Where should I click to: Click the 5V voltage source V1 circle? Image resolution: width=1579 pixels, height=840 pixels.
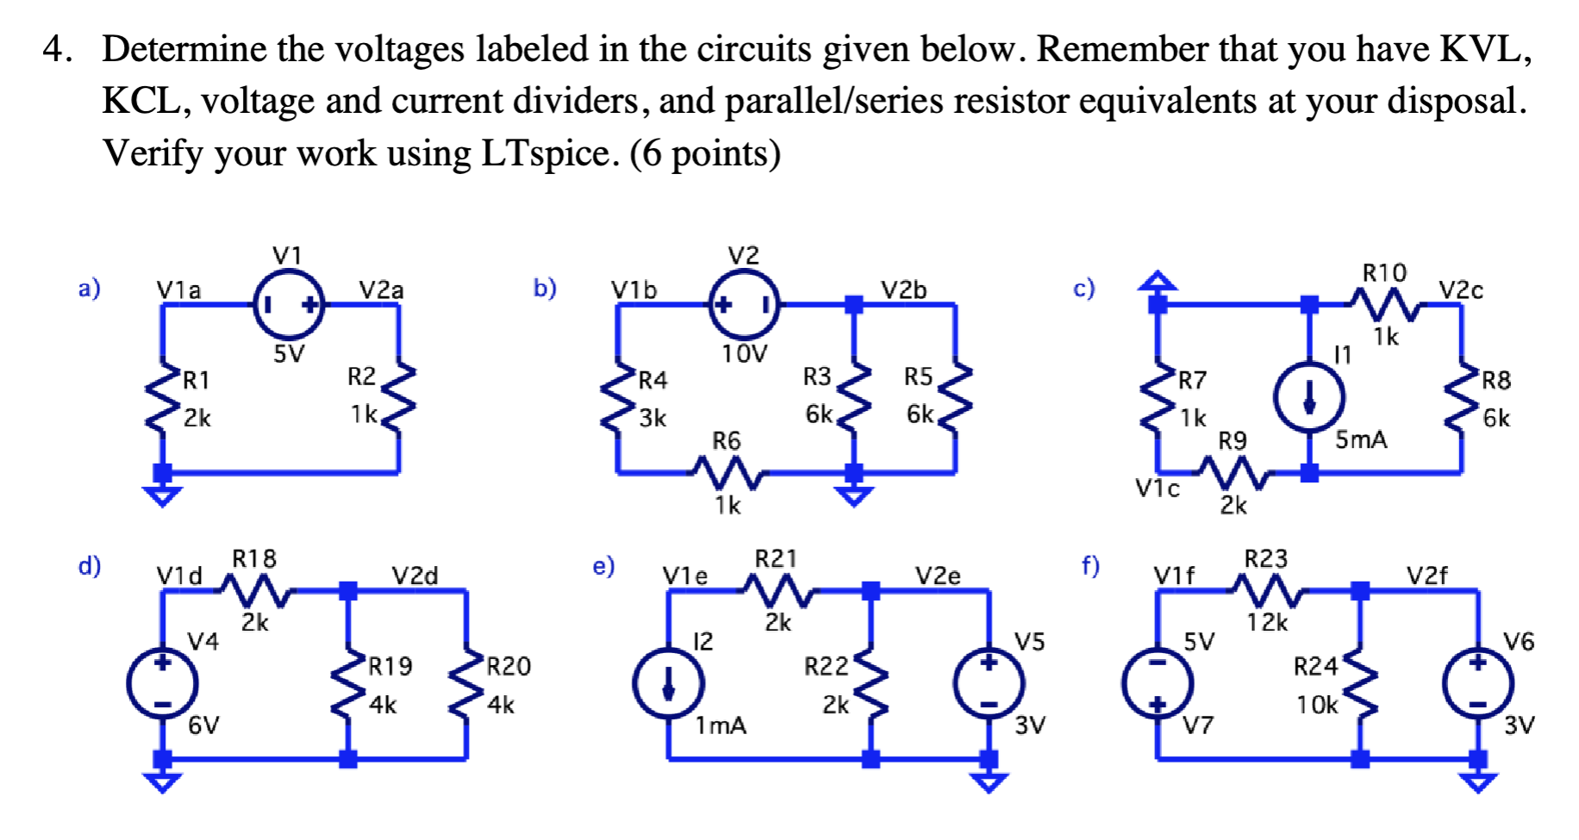pyautogui.click(x=289, y=304)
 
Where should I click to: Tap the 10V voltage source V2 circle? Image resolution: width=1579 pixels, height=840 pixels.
pyautogui.click(x=744, y=304)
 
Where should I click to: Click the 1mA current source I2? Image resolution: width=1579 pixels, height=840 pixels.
pyautogui.click(x=668, y=685)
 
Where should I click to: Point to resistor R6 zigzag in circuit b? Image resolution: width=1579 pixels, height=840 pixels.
pyautogui.click(x=727, y=472)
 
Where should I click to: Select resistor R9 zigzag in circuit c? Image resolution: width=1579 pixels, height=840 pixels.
pyautogui.click(x=1233, y=472)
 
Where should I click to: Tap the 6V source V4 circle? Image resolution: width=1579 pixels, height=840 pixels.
pyautogui.click(x=162, y=685)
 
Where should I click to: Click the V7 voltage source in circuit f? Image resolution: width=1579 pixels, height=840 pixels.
pyautogui.click(x=1157, y=685)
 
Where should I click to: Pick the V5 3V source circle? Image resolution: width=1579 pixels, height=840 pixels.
pyautogui.click(x=989, y=685)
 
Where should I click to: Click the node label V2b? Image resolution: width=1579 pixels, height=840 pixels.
pyautogui.click(x=903, y=290)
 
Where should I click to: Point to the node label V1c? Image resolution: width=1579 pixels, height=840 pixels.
pyautogui.click(x=1157, y=489)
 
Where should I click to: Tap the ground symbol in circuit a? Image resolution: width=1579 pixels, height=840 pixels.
pyautogui.click(x=162, y=495)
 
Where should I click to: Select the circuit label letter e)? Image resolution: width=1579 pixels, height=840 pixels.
pyautogui.click(x=603, y=566)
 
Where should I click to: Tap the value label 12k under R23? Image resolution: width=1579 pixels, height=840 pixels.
pyautogui.click(x=1266, y=622)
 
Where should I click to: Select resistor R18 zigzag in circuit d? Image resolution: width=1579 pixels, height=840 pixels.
pyautogui.click(x=255, y=589)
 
